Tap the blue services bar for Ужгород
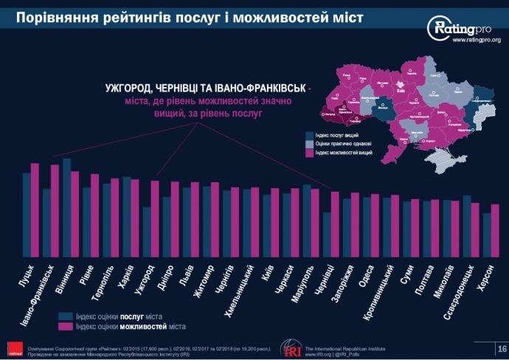coord(147,229)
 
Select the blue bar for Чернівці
coord(326,232)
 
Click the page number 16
coord(502,347)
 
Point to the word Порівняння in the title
coord(58,15)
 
